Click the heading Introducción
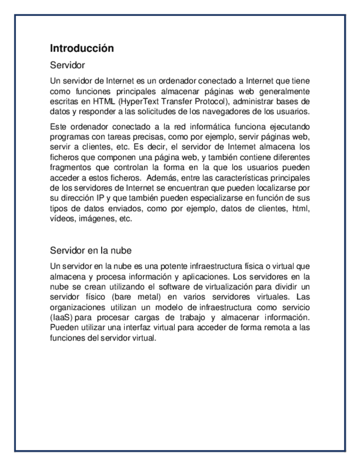click(x=82, y=48)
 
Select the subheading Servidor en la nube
click(x=91, y=251)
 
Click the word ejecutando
click(x=287, y=127)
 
